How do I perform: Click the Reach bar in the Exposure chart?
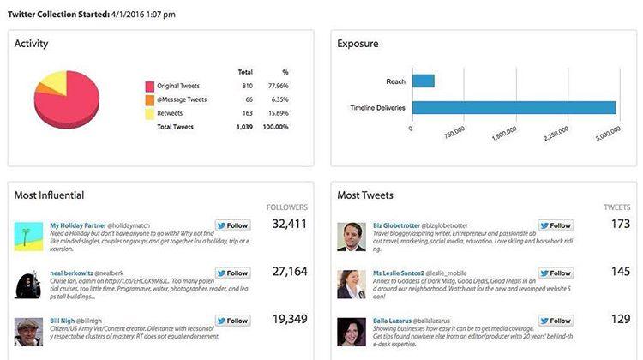pyautogui.click(x=423, y=81)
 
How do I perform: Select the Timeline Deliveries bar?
pyautogui.click(x=514, y=108)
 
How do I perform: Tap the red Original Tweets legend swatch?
pyautogui.click(x=149, y=86)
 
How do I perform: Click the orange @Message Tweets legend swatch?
pyautogui.click(x=149, y=99)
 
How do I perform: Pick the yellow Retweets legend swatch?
pyautogui.click(x=149, y=113)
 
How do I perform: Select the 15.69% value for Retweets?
pyautogui.click(x=279, y=113)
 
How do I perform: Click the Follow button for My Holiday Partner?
pyautogui.click(x=232, y=226)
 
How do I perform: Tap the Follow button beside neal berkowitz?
pyautogui.click(x=232, y=273)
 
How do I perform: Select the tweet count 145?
pyautogui.click(x=620, y=271)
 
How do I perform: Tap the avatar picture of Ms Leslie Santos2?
pyautogui.click(x=352, y=284)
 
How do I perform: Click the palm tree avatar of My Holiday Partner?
pyautogui.click(x=28, y=237)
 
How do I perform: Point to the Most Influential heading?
pyautogui.click(x=49, y=195)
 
